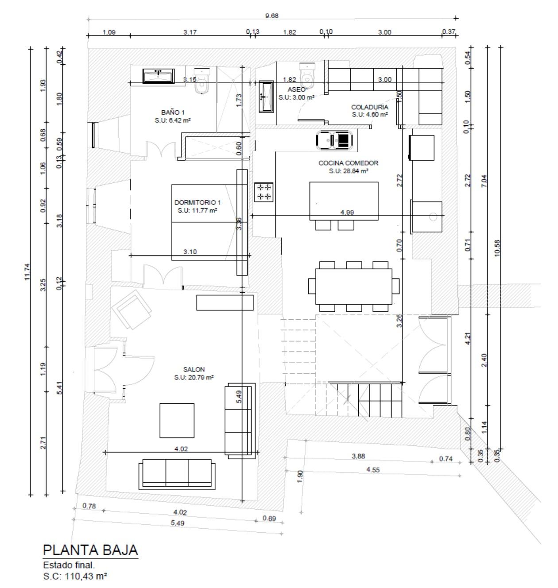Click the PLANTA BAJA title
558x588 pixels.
90,550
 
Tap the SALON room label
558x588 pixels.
194,369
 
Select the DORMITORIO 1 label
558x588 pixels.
198,202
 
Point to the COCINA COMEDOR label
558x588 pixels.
348,163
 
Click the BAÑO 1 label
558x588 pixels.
173,112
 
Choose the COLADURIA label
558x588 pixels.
369,107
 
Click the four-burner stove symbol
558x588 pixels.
263,192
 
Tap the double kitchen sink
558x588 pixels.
334,139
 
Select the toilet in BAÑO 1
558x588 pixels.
202,81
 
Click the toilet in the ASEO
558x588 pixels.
307,76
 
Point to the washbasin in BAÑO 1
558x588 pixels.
158,76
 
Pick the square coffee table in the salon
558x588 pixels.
177,421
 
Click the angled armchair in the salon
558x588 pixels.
132,309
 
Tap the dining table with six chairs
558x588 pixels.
354,286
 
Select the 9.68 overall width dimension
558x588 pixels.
271,16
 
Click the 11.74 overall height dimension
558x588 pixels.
27,272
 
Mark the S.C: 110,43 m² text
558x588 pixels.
75,576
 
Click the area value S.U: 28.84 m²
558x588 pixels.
348,171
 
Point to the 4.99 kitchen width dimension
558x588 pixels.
347,213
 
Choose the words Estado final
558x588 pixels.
69,565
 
